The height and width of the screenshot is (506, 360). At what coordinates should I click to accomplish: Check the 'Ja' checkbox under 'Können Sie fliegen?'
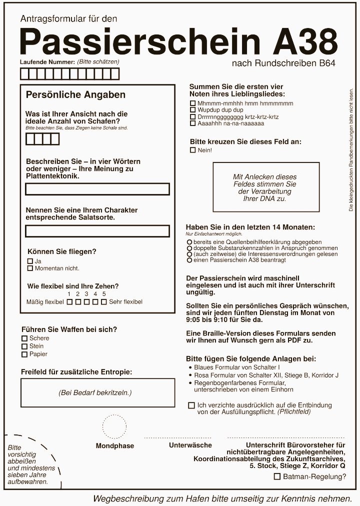(30, 261)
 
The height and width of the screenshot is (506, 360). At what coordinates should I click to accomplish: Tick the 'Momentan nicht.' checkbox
(30, 268)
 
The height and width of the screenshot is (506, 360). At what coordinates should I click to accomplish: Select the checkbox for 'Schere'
(24, 338)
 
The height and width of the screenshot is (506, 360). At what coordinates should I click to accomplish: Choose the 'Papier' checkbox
(24, 354)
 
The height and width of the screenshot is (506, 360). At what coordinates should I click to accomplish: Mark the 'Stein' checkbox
(24, 346)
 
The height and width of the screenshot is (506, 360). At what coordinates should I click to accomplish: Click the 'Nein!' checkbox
(193, 150)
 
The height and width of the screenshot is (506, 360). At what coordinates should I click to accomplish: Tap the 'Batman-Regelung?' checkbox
(277, 477)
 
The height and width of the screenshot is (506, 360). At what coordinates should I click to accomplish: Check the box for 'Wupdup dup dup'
(193, 110)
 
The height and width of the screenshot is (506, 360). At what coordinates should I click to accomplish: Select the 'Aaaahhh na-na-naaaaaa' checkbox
(193, 123)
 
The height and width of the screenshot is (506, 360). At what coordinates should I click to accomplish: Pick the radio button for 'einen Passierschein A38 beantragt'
(189, 260)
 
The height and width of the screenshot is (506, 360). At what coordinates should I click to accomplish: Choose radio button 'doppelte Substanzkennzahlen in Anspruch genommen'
(189, 248)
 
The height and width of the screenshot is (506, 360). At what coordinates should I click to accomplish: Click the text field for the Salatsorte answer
(97, 231)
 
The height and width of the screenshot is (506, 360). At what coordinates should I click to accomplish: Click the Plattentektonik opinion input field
(97, 189)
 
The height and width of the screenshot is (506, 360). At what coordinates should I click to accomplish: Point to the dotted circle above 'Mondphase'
(114, 426)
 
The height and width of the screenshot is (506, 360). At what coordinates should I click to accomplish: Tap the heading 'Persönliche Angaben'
(75, 95)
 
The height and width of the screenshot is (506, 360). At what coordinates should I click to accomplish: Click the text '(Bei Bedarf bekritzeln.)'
(95, 393)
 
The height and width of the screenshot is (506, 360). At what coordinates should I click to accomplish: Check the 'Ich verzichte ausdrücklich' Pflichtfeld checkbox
(191, 405)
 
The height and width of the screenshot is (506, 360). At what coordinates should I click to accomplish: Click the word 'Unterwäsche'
(190, 445)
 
